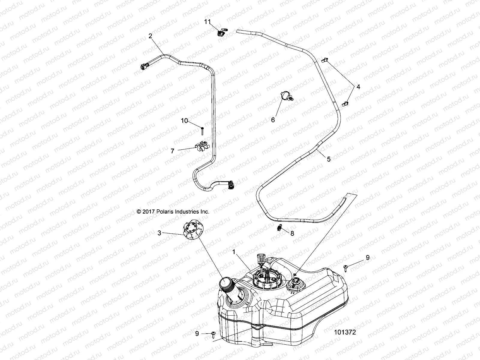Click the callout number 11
[208, 22]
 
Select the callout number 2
[150, 36]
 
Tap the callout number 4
[358, 87]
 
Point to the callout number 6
[273, 120]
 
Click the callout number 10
[184, 121]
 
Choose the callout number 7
[172, 151]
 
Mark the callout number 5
[328, 159]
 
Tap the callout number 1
[234, 253]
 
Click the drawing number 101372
[345, 332]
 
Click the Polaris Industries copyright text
[173, 211]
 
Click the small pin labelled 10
[202, 131]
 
